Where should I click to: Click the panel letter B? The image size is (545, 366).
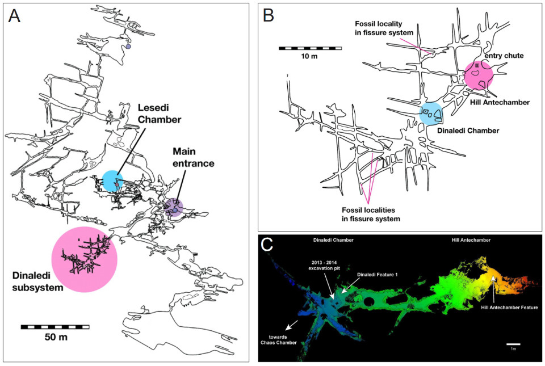click(270, 15)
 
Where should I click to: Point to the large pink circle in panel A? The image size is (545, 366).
click(84, 259)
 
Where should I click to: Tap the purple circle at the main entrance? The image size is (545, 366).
click(175, 207)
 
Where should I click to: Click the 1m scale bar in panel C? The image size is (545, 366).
click(513, 344)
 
